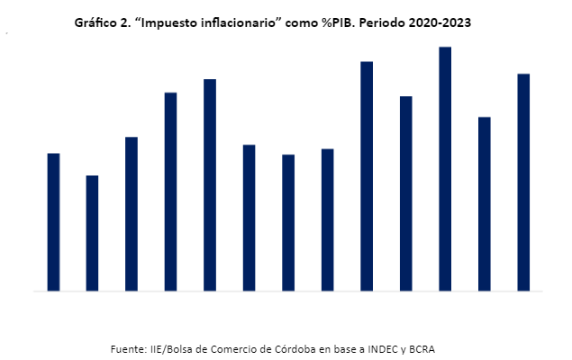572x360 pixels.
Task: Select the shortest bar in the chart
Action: (92, 233)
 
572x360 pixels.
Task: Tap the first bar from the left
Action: (53, 222)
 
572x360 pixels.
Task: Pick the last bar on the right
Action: (523, 183)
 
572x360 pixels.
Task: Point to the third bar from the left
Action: (132, 214)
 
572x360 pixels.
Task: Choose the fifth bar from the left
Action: (210, 185)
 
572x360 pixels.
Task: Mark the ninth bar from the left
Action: (367, 176)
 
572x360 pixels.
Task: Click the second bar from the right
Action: (485, 204)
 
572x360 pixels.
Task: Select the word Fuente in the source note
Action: (129, 347)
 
